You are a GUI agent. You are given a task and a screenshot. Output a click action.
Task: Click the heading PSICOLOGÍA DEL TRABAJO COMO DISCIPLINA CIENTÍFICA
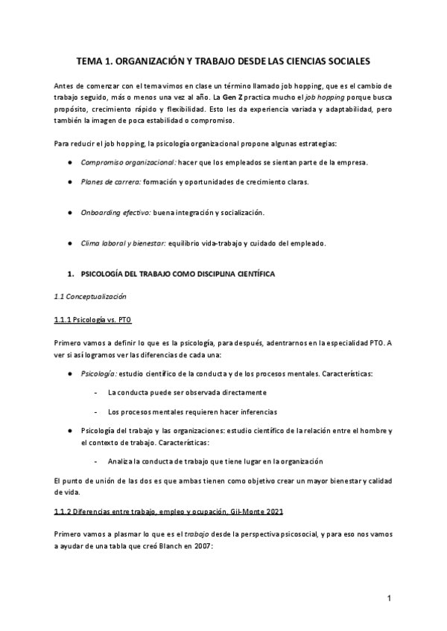177,274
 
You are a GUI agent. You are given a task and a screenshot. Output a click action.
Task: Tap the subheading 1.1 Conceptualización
90,296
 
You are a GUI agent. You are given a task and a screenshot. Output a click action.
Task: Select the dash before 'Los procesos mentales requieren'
96,411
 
